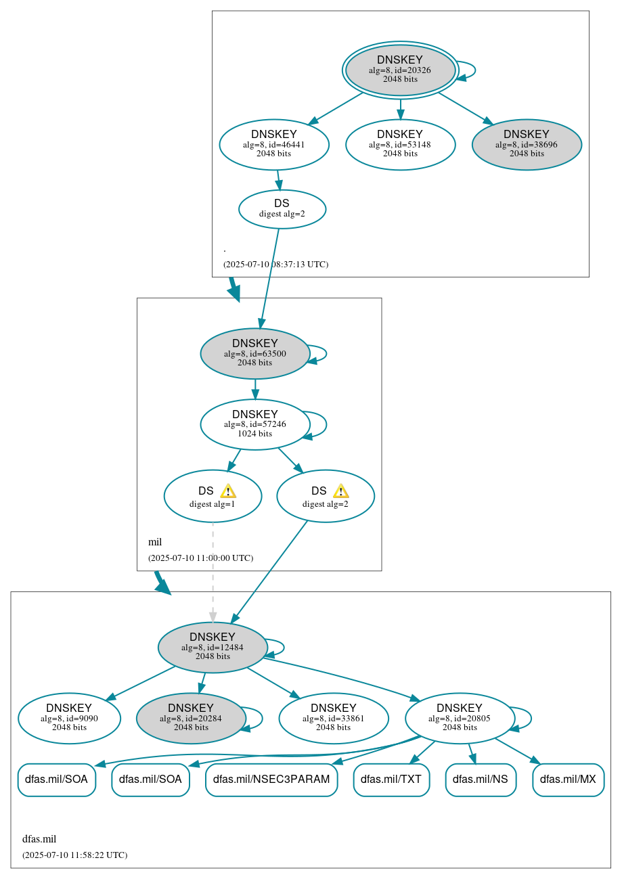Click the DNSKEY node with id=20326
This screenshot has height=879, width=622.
400,70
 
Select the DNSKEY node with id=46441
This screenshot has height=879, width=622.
274,144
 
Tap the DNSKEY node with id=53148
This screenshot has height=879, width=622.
400,144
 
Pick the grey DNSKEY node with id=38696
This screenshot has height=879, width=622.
527,144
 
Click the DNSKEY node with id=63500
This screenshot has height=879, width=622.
255,353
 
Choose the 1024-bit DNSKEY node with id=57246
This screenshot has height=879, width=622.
255,424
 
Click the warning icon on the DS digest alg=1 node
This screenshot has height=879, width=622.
228,491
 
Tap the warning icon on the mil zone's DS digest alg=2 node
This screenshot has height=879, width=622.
341,491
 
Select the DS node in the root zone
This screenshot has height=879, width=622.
282,209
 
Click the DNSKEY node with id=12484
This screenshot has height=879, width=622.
213,648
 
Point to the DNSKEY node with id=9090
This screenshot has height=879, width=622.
69,718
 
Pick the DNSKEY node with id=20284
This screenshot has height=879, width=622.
191,718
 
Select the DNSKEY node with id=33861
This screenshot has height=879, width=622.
334,718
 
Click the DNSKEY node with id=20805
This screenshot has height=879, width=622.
460,718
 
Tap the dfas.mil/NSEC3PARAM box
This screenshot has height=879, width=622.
271,780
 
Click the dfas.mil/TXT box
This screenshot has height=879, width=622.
391,780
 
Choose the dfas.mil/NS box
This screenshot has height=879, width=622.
481,780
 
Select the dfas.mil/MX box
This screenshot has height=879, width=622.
568,780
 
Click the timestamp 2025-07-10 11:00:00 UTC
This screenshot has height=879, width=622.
200,558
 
